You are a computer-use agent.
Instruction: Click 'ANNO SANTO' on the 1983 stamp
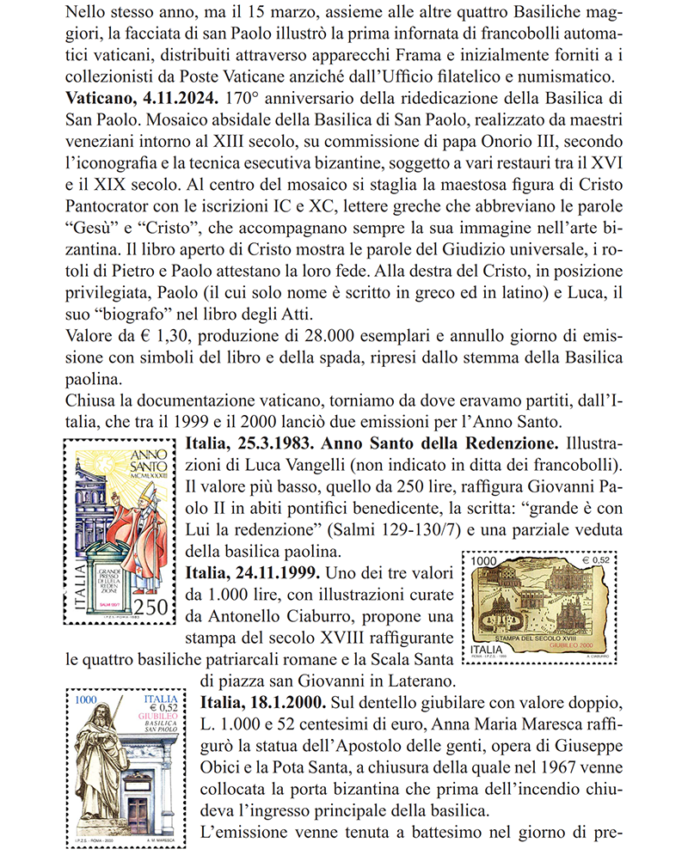(145, 461)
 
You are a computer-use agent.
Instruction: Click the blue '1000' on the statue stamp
(87, 700)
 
